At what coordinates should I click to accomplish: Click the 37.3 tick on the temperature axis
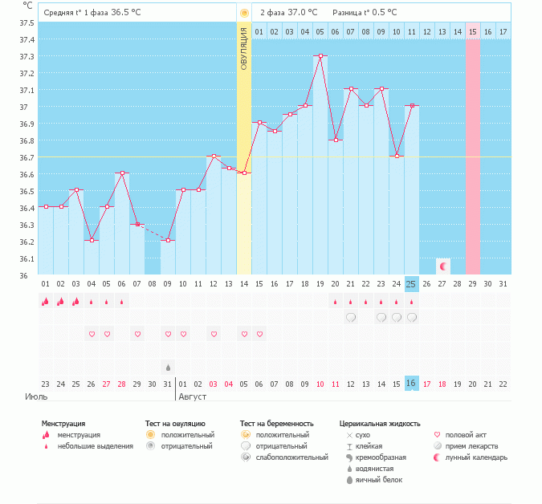click(x=26, y=56)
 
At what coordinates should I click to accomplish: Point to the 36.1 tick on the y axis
click(x=26, y=258)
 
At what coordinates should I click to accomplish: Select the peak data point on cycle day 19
click(x=320, y=56)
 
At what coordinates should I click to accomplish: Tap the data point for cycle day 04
click(x=92, y=240)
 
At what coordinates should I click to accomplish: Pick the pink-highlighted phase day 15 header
click(x=472, y=31)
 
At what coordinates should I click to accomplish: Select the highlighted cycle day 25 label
click(x=411, y=284)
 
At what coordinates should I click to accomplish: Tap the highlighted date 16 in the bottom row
click(x=411, y=384)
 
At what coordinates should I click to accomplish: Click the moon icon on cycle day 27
click(x=442, y=265)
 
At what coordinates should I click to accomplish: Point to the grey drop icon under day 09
click(x=168, y=367)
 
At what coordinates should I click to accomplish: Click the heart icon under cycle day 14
click(x=244, y=334)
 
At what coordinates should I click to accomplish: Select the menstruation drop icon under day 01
click(x=46, y=302)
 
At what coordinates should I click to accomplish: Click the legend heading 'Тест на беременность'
click(x=276, y=423)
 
